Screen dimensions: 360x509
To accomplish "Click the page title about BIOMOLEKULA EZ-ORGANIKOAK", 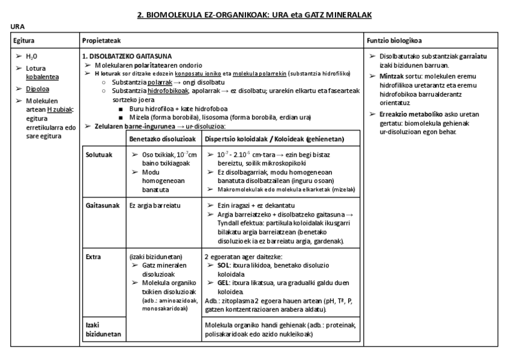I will point(254,14).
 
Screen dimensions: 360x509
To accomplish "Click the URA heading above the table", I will point(17,27).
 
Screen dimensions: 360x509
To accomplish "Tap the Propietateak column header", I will point(101,41).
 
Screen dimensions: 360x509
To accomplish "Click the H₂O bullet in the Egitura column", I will point(32,56).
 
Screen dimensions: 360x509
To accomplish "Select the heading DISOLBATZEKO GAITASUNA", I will point(119,56).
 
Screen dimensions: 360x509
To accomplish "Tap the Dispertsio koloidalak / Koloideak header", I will point(274,139).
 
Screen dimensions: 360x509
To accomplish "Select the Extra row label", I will point(93,256).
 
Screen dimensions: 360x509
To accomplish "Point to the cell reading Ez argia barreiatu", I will point(155,205).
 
